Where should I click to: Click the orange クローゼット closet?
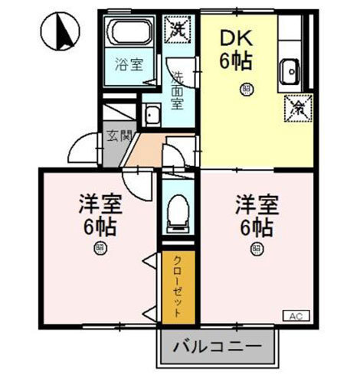(178, 285)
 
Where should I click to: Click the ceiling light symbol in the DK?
(246, 88)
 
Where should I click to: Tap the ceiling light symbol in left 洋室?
(100, 246)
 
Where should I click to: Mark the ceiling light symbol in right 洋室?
(255, 247)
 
